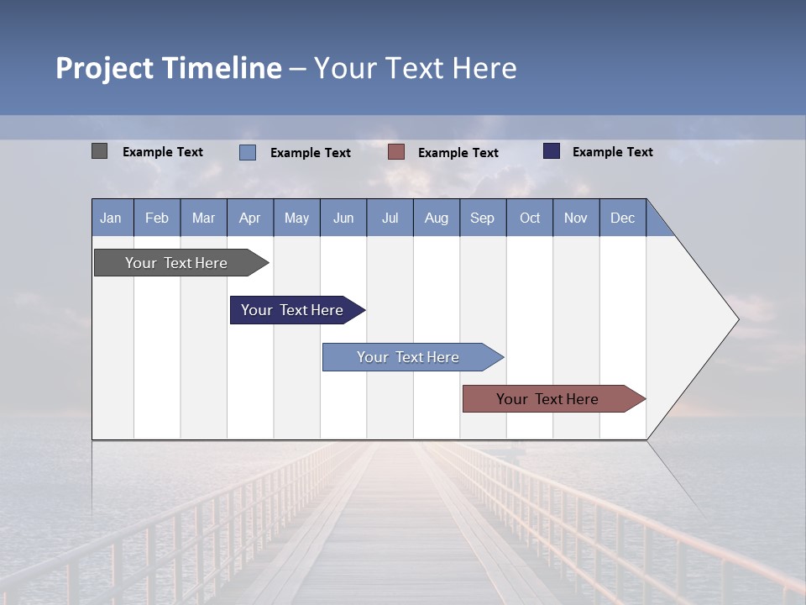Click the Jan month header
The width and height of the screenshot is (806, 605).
[x=112, y=218]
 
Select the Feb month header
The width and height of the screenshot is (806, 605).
[x=157, y=218]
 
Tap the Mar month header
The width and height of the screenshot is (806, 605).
[x=203, y=218]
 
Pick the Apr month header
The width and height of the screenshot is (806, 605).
[x=250, y=218]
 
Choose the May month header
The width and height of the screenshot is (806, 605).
[x=296, y=218]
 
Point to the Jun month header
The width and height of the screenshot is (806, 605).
[x=343, y=218]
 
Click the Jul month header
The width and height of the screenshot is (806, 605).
[x=390, y=218]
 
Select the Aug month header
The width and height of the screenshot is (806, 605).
[x=437, y=218]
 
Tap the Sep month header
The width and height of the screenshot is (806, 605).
[x=483, y=218]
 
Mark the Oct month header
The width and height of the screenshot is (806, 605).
[x=530, y=218]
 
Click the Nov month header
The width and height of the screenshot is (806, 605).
[x=576, y=218]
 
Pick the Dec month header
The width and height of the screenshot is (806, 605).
[x=623, y=218]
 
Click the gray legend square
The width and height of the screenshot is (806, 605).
[x=100, y=151]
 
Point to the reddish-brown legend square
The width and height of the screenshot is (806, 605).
[x=396, y=152]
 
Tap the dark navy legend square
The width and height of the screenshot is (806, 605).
[x=552, y=151]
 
